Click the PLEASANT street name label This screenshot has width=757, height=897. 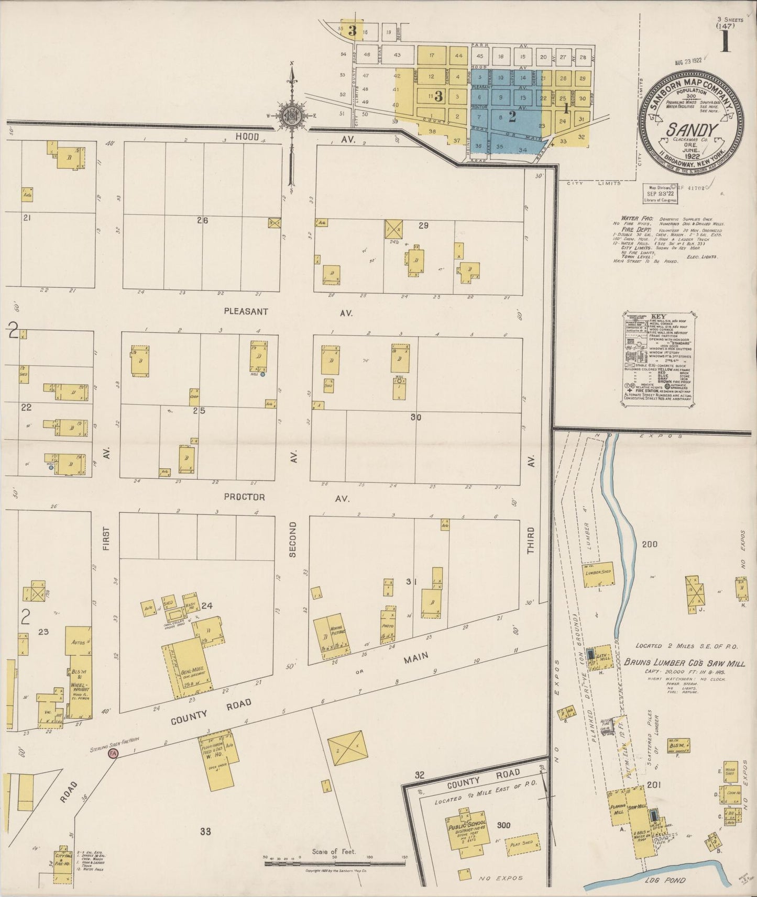pyautogui.click(x=246, y=311)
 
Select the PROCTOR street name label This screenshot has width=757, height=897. pyautogui.click(x=244, y=497)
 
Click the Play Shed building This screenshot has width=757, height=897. pyautogui.click(x=522, y=844)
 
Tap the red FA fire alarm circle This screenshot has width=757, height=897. pyautogui.click(x=113, y=754)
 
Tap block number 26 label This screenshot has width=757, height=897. pyautogui.click(x=203, y=220)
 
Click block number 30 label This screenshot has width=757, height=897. pyautogui.click(x=416, y=417)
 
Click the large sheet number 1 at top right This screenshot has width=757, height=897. pyautogui.click(x=726, y=42)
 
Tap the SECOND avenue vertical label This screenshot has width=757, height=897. pyautogui.click(x=292, y=540)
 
